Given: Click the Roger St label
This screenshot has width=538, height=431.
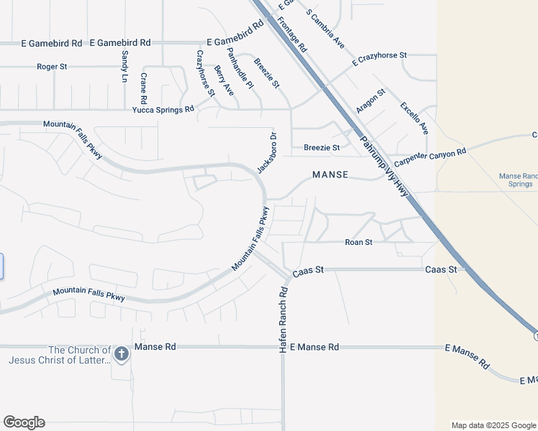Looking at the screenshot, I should (x=52, y=67).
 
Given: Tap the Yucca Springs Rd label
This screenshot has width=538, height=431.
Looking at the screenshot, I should (x=163, y=110).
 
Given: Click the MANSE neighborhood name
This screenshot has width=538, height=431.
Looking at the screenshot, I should (x=330, y=175).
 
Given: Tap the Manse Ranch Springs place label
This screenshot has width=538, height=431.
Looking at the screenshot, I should (x=519, y=180).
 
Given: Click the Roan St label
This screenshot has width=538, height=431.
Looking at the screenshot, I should (x=358, y=243).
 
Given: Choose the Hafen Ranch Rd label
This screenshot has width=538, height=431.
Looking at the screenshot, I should (x=283, y=319).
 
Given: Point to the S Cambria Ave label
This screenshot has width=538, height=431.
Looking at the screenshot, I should (x=325, y=29).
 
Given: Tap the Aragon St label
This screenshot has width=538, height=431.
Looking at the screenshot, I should (x=371, y=101).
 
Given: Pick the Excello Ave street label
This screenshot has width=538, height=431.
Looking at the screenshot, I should (x=414, y=118).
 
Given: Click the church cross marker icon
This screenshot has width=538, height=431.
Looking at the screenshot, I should (x=122, y=353).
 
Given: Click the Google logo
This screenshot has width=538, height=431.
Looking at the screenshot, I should (x=24, y=422).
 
